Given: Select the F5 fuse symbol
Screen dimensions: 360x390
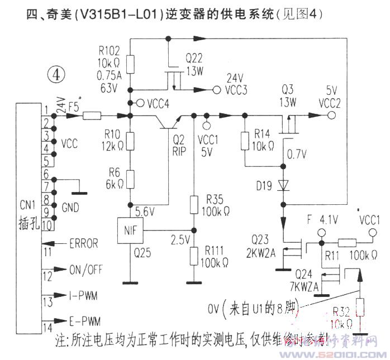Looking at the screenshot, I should coord(92,116).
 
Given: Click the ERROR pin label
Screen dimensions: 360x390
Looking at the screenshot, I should coord(84,244).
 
